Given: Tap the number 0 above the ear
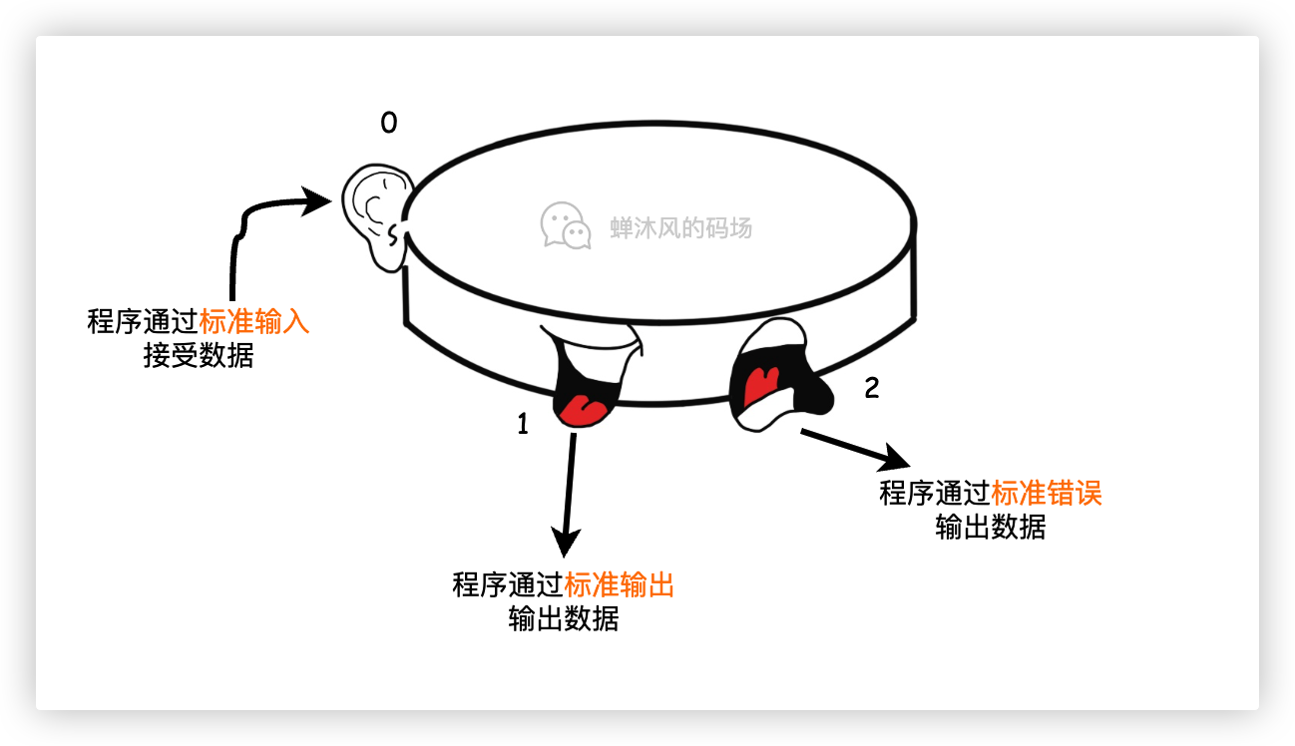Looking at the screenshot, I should (x=389, y=123).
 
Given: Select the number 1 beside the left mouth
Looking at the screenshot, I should (x=522, y=424).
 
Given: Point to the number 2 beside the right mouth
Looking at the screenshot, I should (x=871, y=388).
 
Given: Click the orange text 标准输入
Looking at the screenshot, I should (x=254, y=322).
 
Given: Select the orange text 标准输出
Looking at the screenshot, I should (x=620, y=584).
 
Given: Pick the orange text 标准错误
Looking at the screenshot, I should (x=1047, y=493).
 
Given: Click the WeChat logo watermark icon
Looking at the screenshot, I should (x=566, y=225).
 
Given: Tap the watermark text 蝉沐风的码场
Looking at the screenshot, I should (x=681, y=228).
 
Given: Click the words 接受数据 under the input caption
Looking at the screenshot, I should (x=199, y=355).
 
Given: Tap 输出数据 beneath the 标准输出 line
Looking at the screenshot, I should (x=564, y=618).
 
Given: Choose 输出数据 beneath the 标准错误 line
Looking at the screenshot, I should (x=991, y=527).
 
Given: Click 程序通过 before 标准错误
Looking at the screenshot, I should (x=935, y=493).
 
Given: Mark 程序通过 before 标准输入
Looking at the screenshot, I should (x=143, y=322).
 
